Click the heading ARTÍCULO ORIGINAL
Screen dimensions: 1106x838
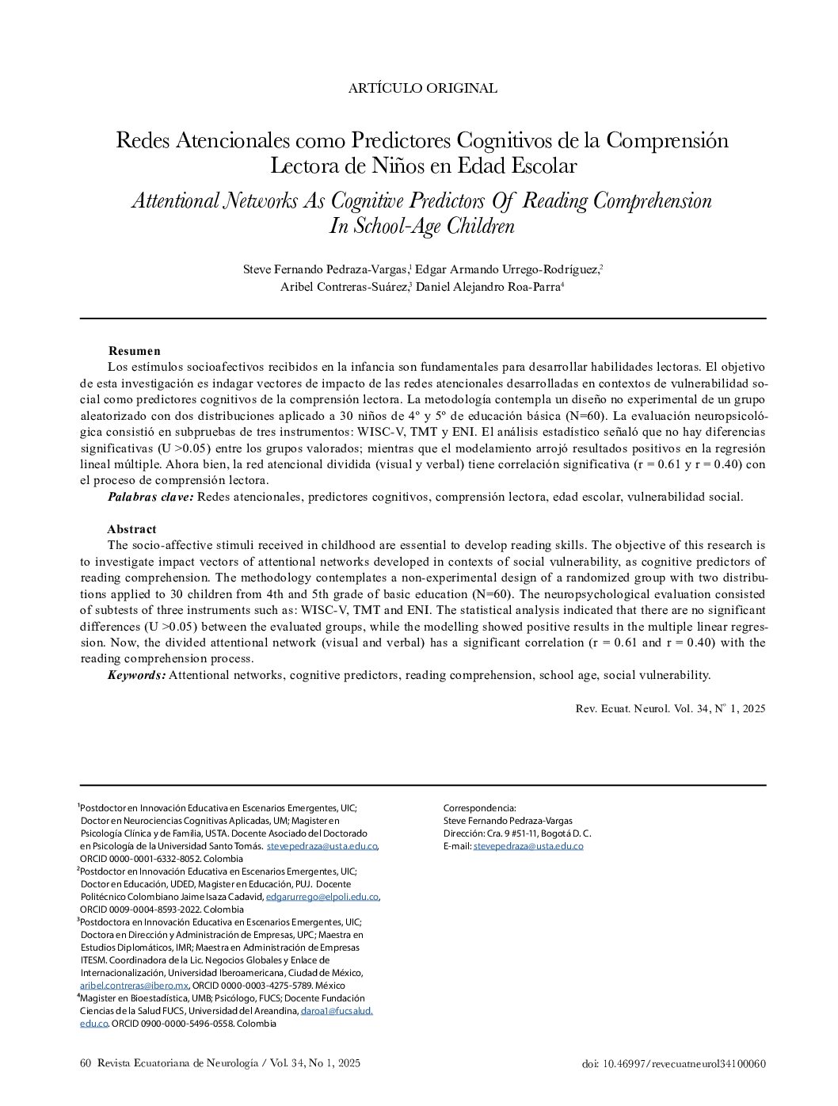[x=422, y=89]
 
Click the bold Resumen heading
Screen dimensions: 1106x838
[x=134, y=351]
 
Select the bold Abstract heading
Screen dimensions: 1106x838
[x=131, y=529]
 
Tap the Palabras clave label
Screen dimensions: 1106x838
[x=150, y=497]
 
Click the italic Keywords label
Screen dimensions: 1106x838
[x=136, y=675]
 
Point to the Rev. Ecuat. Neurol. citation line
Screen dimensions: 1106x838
[x=670, y=709]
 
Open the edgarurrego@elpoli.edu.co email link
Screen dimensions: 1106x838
[x=322, y=897]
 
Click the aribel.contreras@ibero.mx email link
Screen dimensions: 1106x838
[x=134, y=986]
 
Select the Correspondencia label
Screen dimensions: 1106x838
[x=479, y=808]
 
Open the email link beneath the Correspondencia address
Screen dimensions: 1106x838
[x=528, y=846]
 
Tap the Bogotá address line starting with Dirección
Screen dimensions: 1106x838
[x=517, y=833]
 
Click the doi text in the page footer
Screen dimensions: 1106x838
[x=673, y=1064]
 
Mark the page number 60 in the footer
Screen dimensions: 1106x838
[x=86, y=1063]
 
